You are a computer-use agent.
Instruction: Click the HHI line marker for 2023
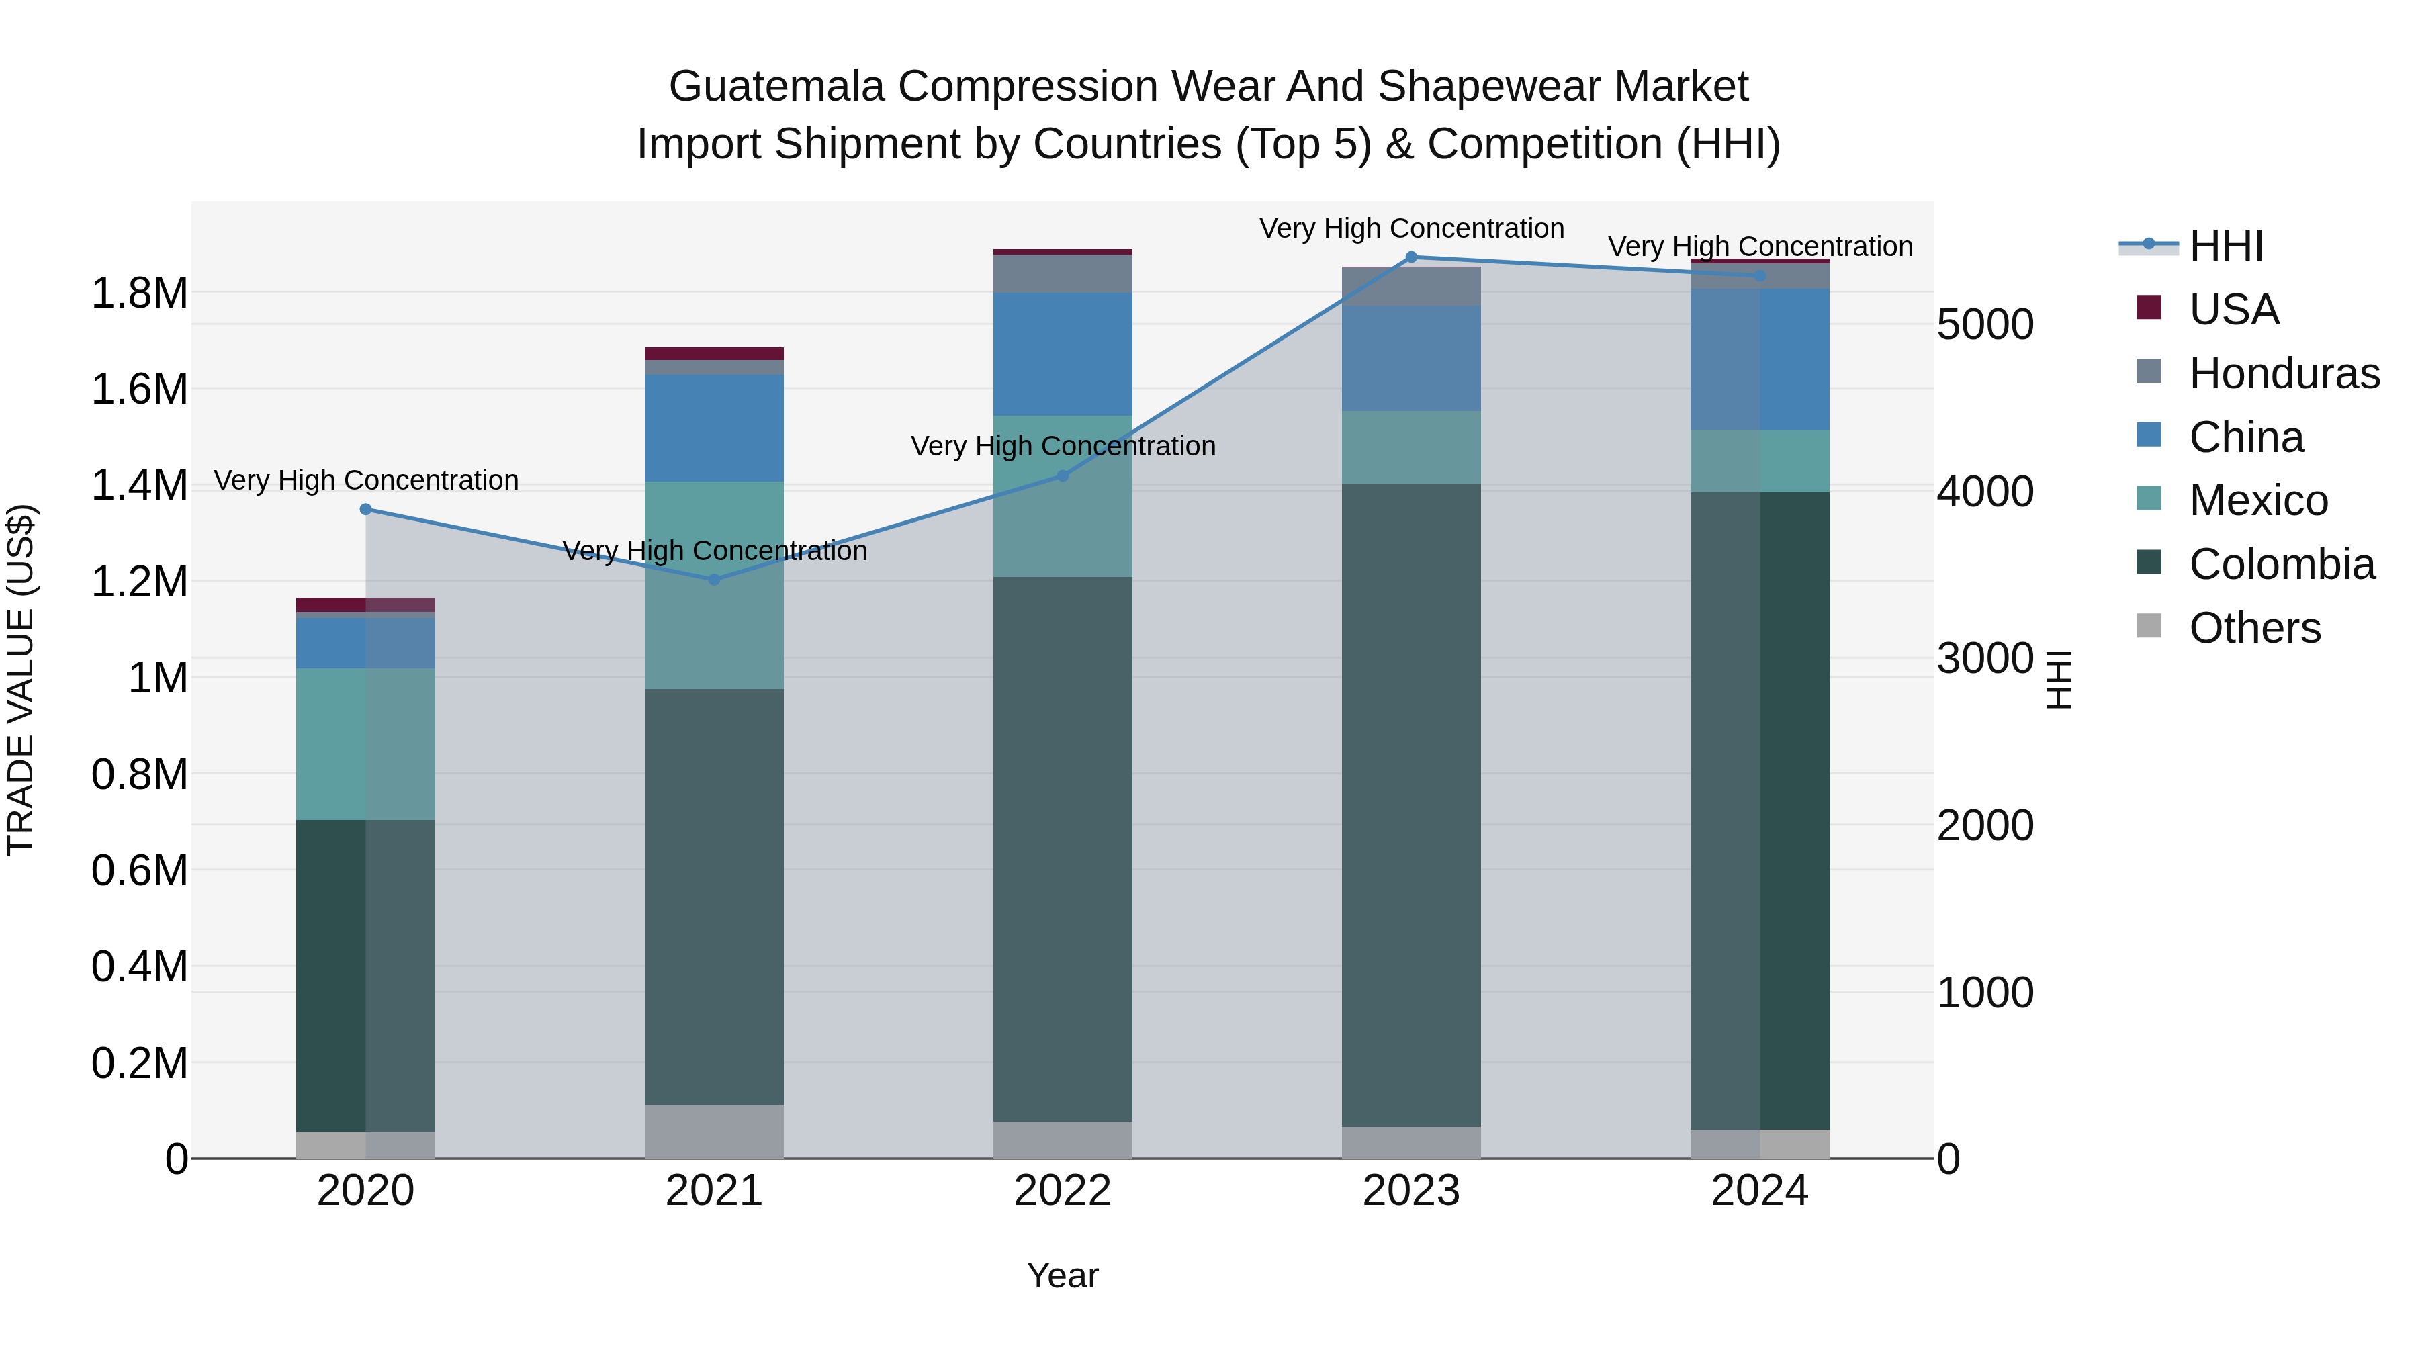(x=1410, y=257)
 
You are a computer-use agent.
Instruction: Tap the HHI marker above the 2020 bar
(x=366, y=510)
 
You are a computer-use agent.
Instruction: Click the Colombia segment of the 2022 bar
(x=1063, y=845)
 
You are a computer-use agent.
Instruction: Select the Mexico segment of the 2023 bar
(x=1410, y=447)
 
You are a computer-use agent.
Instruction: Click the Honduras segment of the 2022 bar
(x=1063, y=273)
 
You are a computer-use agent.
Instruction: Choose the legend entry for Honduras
(x=2283, y=373)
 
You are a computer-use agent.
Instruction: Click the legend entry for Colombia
(x=2281, y=564)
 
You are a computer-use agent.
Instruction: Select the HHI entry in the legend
(x=2225, y=246)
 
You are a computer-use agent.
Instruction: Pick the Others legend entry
(x=2253, y=628)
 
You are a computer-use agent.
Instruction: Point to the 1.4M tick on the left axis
(x=139, y=486)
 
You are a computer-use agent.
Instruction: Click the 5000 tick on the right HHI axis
(x=1984, y=325)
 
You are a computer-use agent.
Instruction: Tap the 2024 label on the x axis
(x=1759, y=1191)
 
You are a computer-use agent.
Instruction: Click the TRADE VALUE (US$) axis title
(x=21, y=680)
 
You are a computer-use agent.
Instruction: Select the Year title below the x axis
(x=1063, y=1275)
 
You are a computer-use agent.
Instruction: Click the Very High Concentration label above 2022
(x=1063, y=446)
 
